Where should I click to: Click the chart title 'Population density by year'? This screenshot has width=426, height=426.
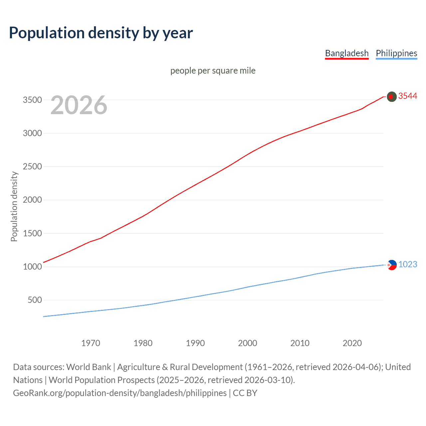(101, 33)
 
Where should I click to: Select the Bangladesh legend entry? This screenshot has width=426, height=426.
(347, 53)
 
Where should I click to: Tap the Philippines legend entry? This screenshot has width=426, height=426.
(396, 53)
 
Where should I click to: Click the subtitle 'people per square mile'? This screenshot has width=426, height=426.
(213, 71)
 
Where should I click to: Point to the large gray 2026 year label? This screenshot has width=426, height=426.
(79, 105)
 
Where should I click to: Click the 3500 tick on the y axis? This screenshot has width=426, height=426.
(32, 100)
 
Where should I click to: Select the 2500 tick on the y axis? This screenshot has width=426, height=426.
(32, 167)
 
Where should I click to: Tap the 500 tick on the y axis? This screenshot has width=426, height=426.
(35, 300)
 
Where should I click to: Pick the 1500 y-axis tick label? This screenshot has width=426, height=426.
(32, 234)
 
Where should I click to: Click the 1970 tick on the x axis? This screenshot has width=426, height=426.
(91, 343)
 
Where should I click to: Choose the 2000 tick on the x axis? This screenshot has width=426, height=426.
(248, 343)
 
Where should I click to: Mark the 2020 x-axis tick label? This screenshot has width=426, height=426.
(352, 343)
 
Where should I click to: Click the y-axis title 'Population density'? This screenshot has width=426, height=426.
(14, 206)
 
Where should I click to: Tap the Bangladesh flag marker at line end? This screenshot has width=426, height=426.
(392, 97)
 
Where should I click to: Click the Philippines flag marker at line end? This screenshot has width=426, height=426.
(392, 265)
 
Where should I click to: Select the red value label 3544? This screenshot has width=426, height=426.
(408, 96)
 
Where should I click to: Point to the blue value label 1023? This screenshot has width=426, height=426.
(408, 265)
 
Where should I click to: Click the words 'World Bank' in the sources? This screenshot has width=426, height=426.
(89, 367)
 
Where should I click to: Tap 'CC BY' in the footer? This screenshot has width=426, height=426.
(245, 393)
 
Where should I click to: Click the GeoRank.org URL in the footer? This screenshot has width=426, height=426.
(120, 393)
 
